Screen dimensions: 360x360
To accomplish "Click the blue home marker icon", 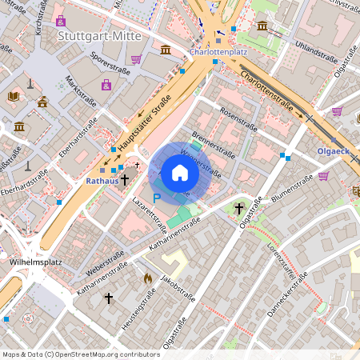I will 179,172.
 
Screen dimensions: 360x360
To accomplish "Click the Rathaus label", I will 102,181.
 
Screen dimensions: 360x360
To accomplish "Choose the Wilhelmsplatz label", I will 30,261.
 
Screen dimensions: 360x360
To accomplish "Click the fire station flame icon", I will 147,278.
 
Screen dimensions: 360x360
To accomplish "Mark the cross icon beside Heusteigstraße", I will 109,298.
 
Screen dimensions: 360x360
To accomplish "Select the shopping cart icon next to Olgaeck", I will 324,176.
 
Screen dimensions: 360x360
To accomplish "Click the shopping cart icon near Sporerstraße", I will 137,59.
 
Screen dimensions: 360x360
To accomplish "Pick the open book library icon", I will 13,97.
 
